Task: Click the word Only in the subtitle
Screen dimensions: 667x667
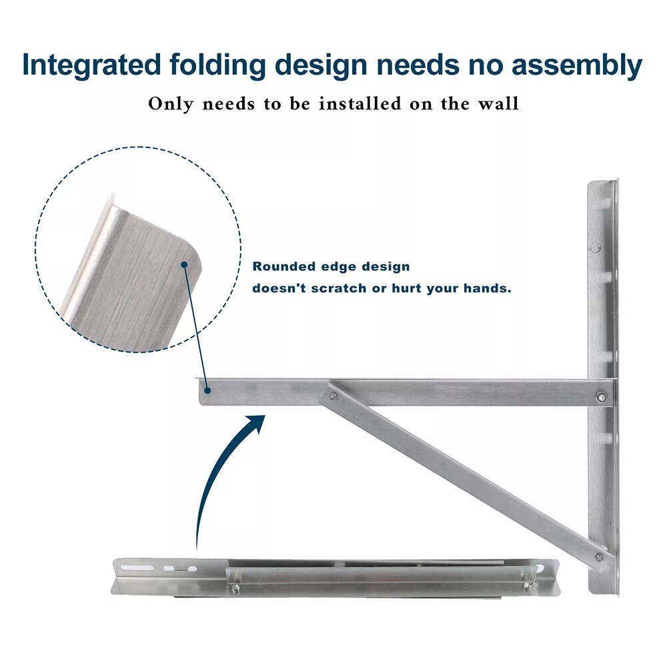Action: click(171, 104)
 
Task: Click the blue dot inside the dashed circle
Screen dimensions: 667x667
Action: click(184, 265)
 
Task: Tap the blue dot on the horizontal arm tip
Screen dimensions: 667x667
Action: click(208, 391)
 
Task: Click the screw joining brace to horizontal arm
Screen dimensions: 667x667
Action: click(333, 396)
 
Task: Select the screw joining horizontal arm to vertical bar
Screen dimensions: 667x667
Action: click(602, 397)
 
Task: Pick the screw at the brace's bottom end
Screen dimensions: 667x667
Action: click(600, 556)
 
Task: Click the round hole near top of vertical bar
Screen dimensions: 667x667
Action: click(596, 248)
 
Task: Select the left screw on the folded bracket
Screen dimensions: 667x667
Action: click(235, 588)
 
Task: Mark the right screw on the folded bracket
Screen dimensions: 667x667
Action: click(527, 586)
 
